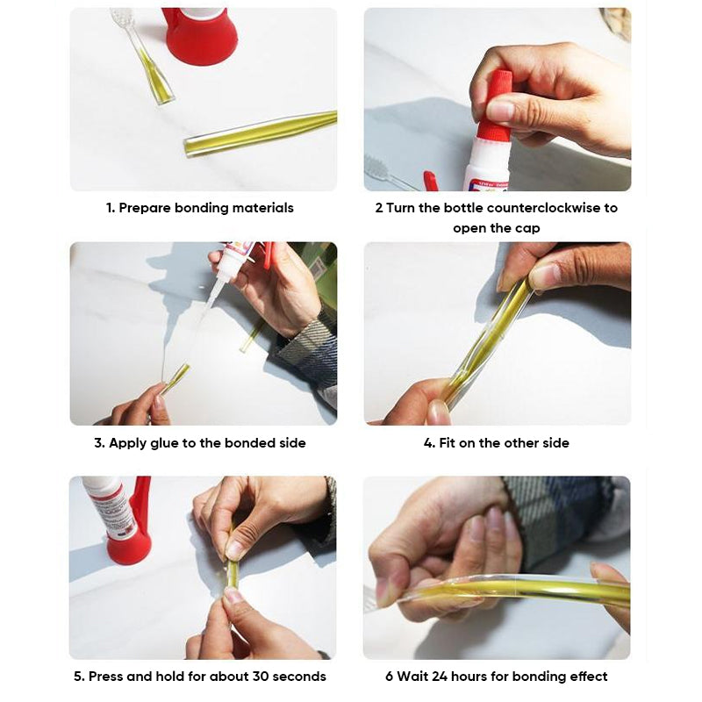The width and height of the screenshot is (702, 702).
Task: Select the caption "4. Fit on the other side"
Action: (497, 443)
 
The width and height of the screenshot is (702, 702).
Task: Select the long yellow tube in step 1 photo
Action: (261, 133)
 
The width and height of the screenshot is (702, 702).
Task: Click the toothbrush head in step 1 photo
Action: (122, 17)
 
